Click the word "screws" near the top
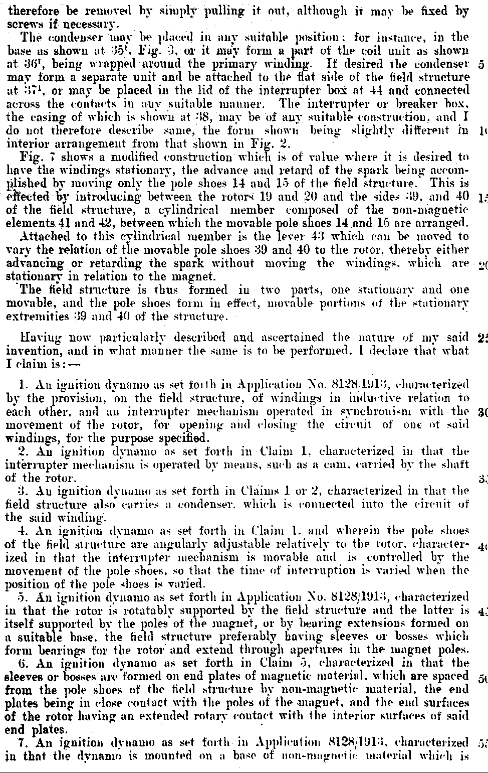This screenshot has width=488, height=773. coord(21,24)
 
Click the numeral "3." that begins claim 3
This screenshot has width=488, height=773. coord(23,491)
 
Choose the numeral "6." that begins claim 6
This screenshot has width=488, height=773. coord(23,663)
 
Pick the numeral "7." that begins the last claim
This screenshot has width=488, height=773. coord(23,743)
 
